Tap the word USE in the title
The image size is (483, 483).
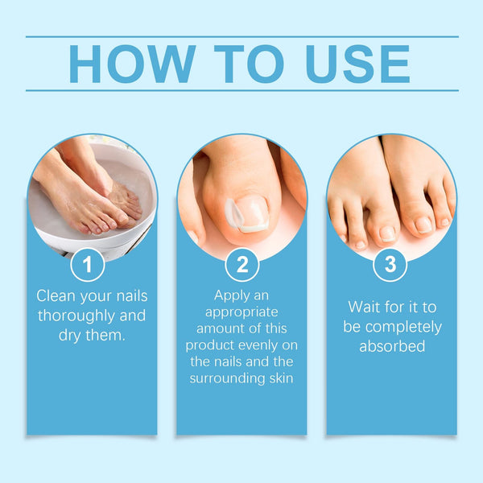357,64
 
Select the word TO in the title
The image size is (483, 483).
249,64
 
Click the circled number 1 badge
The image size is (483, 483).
88,264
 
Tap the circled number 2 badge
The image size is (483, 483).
242,264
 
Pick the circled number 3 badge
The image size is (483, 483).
390,264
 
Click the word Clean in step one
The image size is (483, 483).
56,295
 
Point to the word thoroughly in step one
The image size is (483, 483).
76,316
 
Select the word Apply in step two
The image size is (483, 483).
229,296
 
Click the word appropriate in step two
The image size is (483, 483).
242,312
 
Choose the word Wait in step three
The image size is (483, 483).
362,308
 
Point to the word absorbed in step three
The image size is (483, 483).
392,346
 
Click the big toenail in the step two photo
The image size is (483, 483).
250,213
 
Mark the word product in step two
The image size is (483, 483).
208,345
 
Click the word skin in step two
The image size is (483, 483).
281,378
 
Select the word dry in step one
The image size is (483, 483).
70,336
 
